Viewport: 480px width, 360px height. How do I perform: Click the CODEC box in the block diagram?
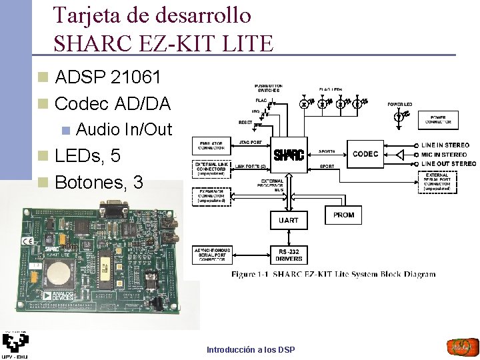pyautogui.click(x=365, y=154)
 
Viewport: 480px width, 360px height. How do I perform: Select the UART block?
pyautogui.click(x=289, y=219)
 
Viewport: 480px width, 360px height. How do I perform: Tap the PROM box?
pyautogui.click(x=344, y=215)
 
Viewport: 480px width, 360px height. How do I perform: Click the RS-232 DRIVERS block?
pyautogui.click(x=289, y=254)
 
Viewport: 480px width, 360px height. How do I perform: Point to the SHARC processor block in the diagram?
pyautogui.click(x=289, y=155)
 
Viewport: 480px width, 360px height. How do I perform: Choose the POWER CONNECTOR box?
pyautogui.click(x=438, y=120)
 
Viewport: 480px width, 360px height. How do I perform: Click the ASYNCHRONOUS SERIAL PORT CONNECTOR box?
pyautogui.click(x=211, y=254)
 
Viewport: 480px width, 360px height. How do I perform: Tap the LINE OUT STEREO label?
pyautogui.click(x=449, y=164)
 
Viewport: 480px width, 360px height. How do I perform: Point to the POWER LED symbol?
pyautogui.click(x=400, y=115)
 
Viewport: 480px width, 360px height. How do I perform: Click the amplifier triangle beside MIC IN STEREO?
pyautogui.click(x=401, y=154)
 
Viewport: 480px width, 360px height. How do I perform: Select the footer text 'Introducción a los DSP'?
pyautogui.click(x=251, y=349)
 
